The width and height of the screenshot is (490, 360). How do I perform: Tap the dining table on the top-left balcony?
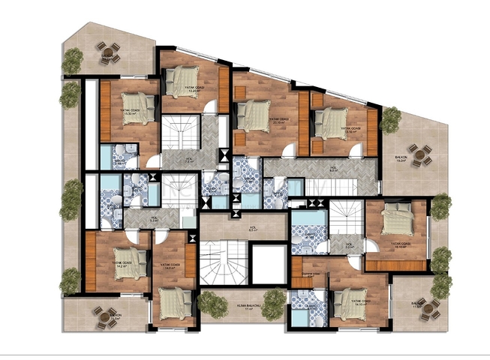[110, 52]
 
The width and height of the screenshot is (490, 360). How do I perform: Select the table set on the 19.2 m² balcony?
[420, 154]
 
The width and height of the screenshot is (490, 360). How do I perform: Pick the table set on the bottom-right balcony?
[428, 305]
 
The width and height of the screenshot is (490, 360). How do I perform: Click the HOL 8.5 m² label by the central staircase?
[253, 229]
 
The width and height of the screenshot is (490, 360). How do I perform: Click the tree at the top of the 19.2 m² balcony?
[390, 118]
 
